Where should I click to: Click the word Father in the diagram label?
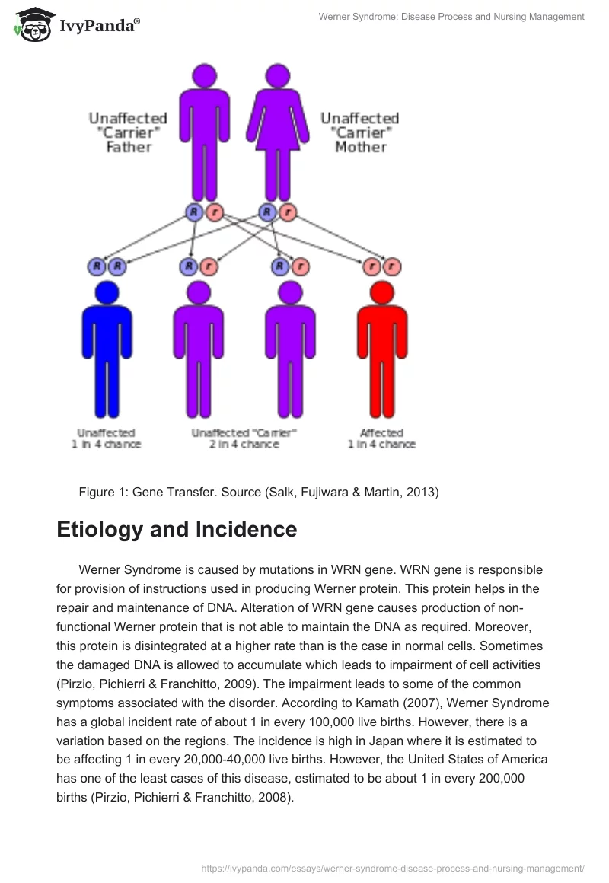tap(129, 147)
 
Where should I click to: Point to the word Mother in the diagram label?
tap(360, 147)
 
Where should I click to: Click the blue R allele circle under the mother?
tap(268, 212)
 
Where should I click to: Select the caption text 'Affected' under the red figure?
tap(381, 432)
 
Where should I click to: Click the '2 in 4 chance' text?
tap(244, 445)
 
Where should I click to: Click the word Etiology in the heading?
tap(104, 530)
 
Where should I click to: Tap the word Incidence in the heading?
tap(248, 530)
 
